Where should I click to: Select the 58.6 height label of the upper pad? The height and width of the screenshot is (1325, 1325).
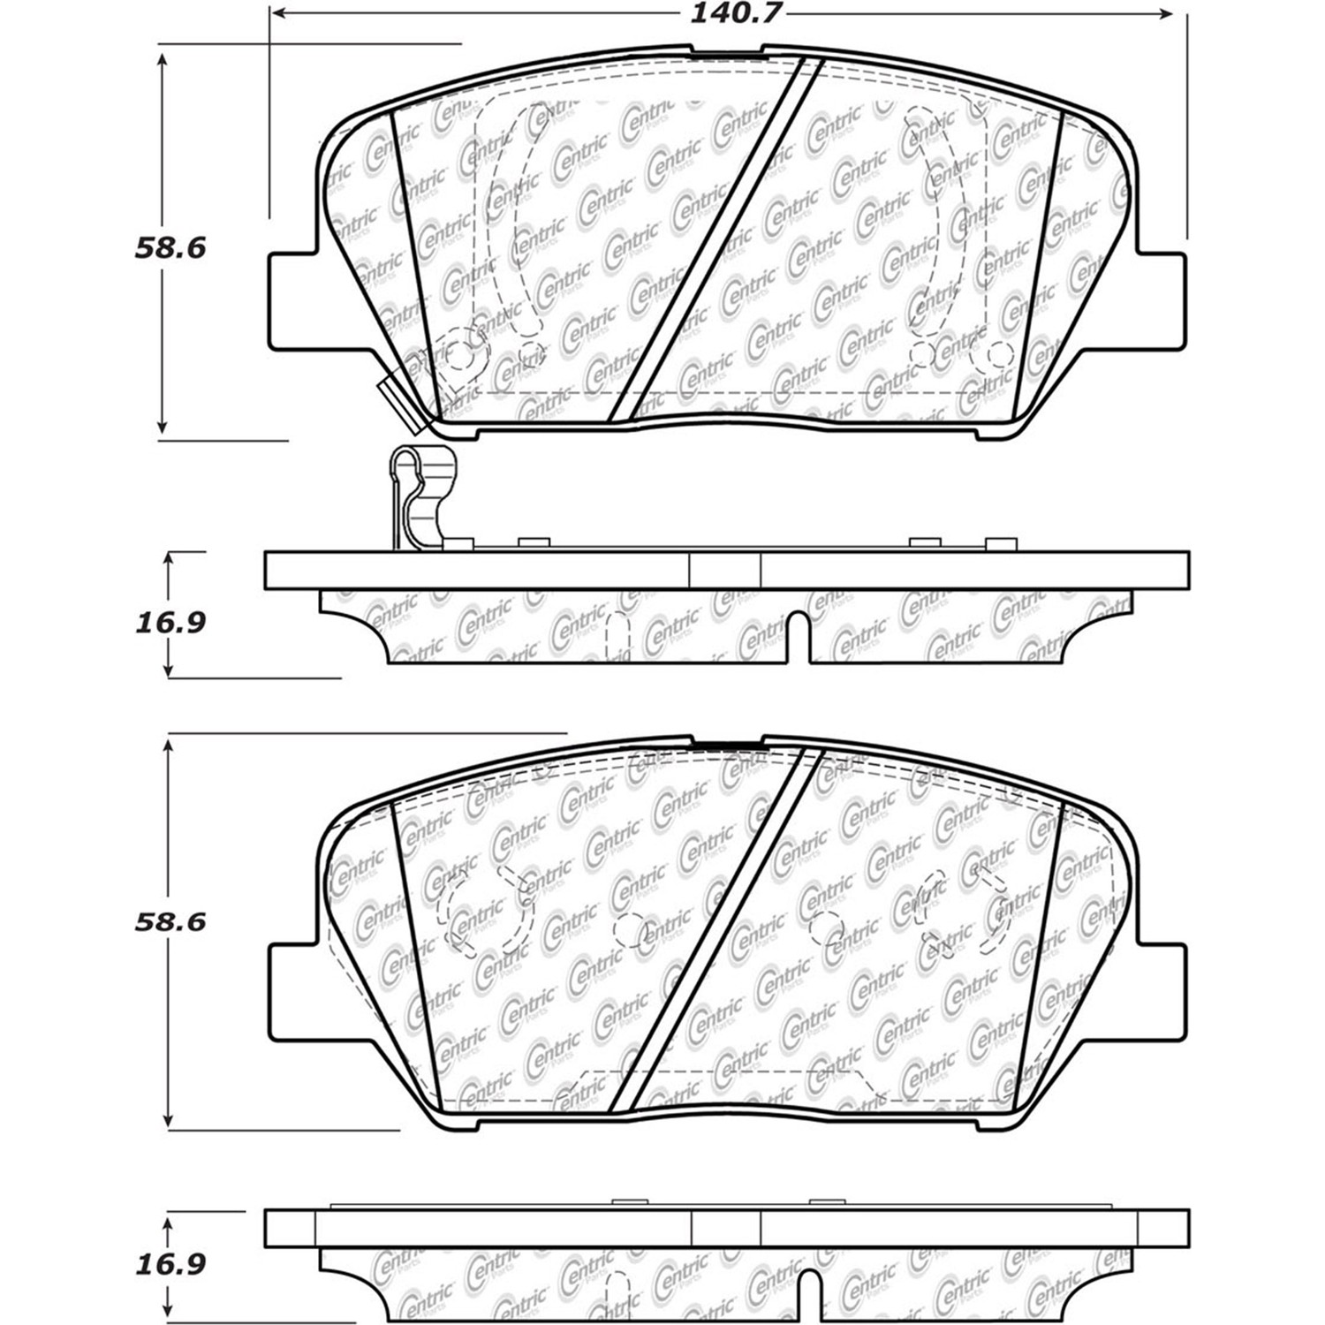coord(170,247)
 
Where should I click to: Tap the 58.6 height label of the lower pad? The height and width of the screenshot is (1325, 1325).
coord(170,921)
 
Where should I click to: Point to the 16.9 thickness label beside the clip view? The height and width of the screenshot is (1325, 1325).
coord(170,623)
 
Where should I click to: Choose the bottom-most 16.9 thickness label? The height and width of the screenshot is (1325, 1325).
coord(170,1264)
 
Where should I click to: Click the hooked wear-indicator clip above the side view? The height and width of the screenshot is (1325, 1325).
coord(422,499)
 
